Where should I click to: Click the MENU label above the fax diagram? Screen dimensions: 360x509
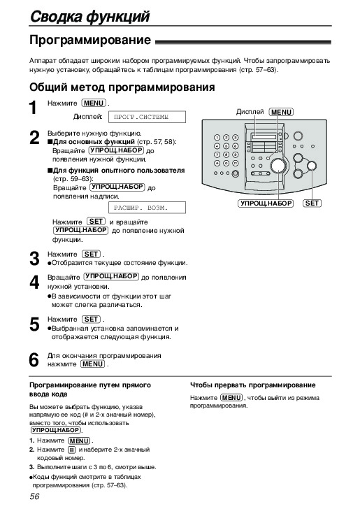tap(281, 112)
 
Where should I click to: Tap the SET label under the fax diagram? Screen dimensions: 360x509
tap(312, 203)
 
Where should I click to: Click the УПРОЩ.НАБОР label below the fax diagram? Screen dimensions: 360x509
tap(266, 203)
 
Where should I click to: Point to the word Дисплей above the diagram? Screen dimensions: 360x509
tap(250, 112)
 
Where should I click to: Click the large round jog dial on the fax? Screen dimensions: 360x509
tap(278, 166)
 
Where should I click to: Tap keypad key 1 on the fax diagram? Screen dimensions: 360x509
tap(217, 138)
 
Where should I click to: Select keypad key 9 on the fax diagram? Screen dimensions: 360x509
tap(235, 155)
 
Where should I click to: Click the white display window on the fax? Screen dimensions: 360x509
tap(264, 136)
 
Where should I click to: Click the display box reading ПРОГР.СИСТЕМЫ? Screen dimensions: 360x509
tap(147, 117)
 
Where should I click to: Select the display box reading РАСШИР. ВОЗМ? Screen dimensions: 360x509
tap(147, 208)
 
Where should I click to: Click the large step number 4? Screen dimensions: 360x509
tap(34, 282)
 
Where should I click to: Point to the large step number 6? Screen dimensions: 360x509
tap(34, 360)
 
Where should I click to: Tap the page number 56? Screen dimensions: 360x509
tap(34, 496)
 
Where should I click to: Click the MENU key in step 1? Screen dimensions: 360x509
tap(94, 103)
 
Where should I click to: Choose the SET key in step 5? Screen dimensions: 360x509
tap(91, 320)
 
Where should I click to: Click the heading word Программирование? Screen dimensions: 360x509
tap(90, 41)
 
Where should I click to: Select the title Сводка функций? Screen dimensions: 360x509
tap(90, 16)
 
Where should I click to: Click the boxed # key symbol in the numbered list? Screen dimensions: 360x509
tap(72, 450)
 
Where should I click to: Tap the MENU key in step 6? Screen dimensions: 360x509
tap(93, 364)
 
